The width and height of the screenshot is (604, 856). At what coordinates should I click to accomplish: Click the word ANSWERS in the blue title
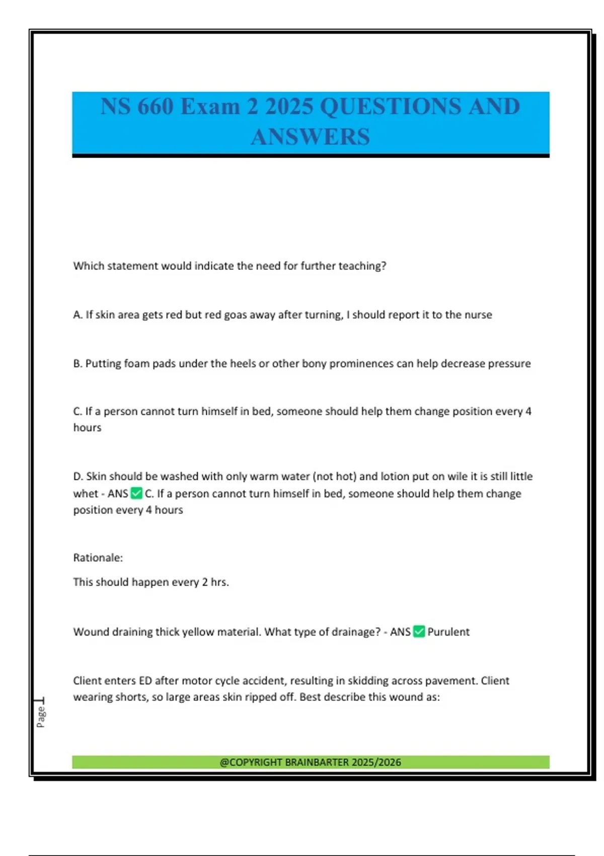coord(310,137)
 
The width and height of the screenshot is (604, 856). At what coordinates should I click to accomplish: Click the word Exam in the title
coord(210,106)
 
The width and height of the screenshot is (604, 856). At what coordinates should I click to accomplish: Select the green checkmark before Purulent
coord(419,631)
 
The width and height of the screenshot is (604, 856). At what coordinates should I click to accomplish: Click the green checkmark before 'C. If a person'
coord(136,493)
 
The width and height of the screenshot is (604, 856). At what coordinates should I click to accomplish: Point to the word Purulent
coord(448,632)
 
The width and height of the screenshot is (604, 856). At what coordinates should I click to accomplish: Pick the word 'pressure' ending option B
coord(510,364)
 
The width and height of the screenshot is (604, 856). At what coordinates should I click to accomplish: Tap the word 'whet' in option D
coord(86,493)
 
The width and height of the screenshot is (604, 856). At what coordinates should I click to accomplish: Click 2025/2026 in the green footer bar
coord(376,762)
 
